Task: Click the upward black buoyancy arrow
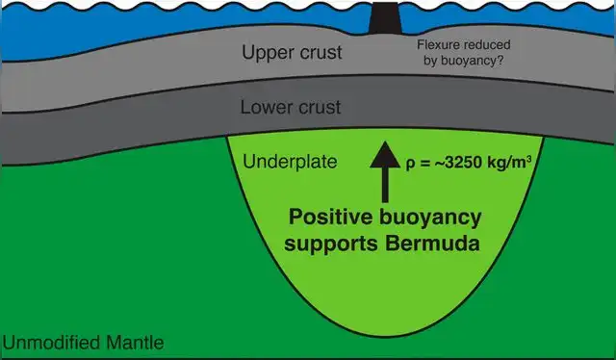click(x=388, y=172)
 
